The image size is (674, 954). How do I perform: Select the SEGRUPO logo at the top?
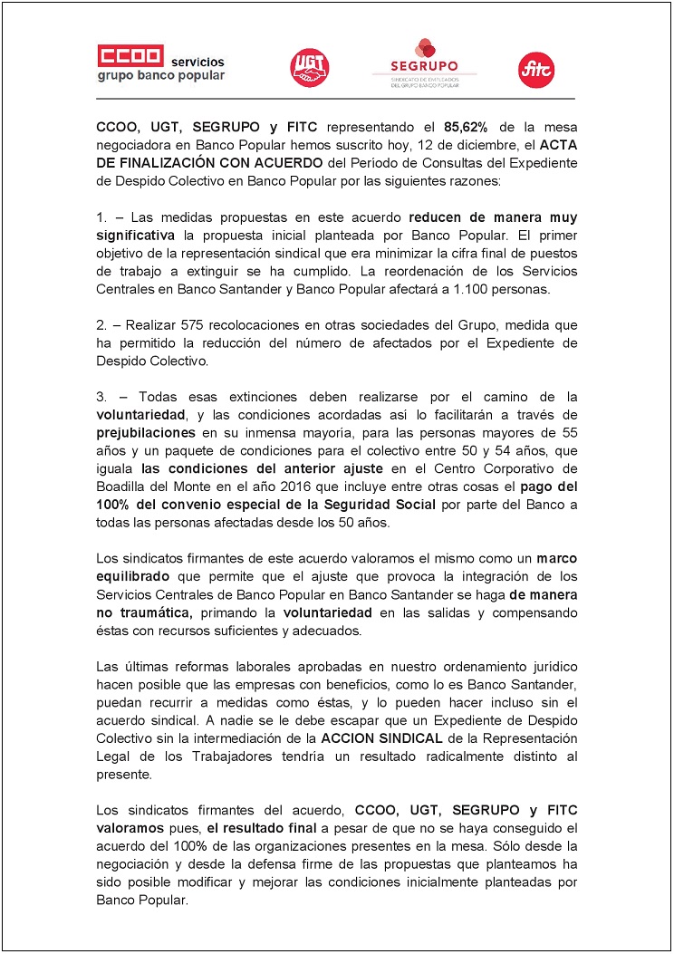pyautogui.click(x=424, y=62)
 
